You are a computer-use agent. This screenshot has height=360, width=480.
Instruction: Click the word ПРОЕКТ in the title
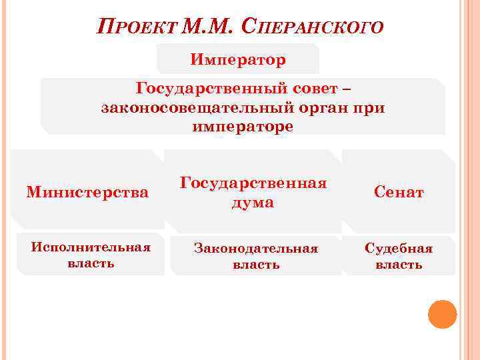click(x=139, y=28)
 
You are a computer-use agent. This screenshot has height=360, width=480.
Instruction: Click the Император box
click(x=238, y=60)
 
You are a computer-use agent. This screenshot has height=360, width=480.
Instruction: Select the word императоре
click(x=243, y=125)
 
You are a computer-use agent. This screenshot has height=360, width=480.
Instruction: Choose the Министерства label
click(x=87, y=193)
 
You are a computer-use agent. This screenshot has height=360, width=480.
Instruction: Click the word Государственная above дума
click(x=253, y=183)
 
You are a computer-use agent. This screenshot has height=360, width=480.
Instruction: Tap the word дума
click(x=253, y=202)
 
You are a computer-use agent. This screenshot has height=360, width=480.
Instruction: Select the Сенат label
click(x=399, y=193)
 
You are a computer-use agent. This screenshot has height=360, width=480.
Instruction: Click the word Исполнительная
click(x=91, y=247)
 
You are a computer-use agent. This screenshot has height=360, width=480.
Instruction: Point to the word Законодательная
click(x=255, y=248)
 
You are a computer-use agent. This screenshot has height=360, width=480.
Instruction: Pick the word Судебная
click(x=399, y=248)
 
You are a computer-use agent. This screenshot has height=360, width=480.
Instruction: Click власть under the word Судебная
click(x=399, y=264)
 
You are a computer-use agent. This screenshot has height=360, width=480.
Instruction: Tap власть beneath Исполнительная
click(x=91, y=263)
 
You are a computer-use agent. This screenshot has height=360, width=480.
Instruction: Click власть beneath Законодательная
click(x=255, y=264)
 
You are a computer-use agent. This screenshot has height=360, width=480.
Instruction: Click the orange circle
click(x=442, y=314)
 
